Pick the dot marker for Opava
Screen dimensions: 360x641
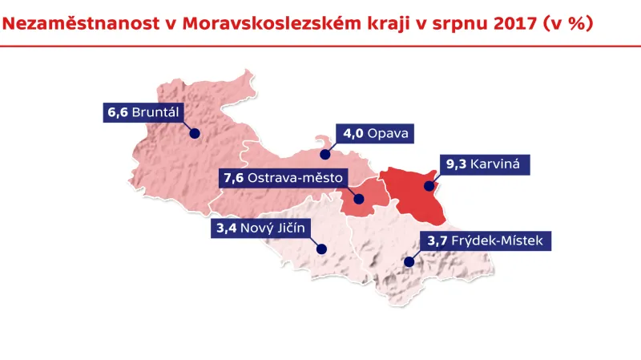click(325, 153)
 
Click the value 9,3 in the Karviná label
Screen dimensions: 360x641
click(456, 164)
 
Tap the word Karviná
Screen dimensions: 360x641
click(496, 164)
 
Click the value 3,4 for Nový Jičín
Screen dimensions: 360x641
click(228, 229)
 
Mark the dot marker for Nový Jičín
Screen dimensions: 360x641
click(320, 249)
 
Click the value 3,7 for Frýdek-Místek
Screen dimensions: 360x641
click(437, 240)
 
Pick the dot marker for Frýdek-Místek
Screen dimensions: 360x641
click(409, 261)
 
